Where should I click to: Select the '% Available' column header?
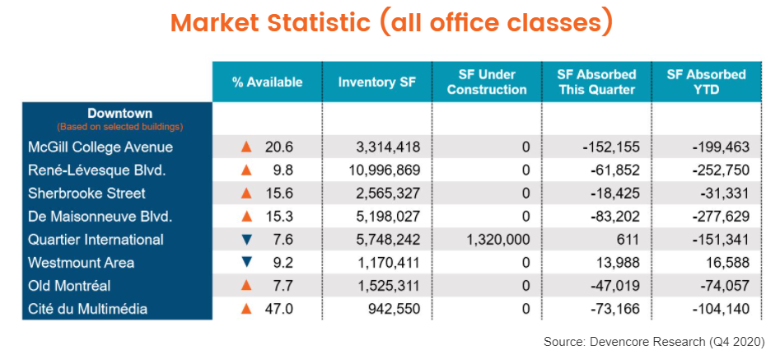coord(267,82)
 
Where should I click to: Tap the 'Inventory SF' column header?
coord(376,82)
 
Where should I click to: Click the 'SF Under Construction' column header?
coord(486,82)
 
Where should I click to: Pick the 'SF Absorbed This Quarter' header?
coord(596,82)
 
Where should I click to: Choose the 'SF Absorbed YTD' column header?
coord(706,82)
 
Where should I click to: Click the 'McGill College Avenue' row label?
coord(100,147)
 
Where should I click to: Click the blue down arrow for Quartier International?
coord(245,240)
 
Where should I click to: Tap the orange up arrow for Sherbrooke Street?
coord(245,194)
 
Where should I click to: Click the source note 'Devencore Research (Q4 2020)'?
coord(654,341)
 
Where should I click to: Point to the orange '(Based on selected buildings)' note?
coord(119,127)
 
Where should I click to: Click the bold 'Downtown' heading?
coord(119,113)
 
